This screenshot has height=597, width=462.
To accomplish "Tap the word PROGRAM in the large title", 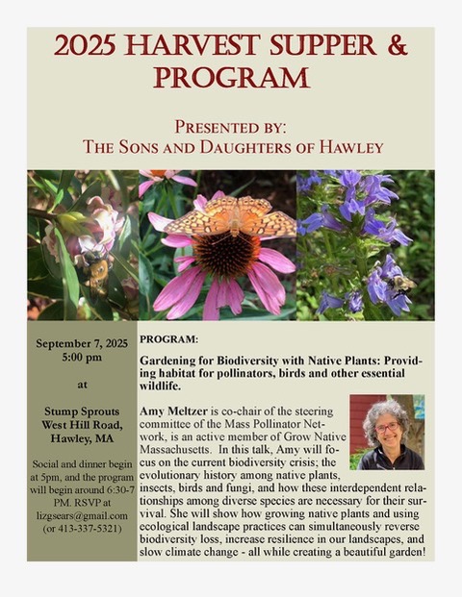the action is click(x=231, y=77).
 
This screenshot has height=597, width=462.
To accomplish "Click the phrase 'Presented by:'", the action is click(x=231, y=125).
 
